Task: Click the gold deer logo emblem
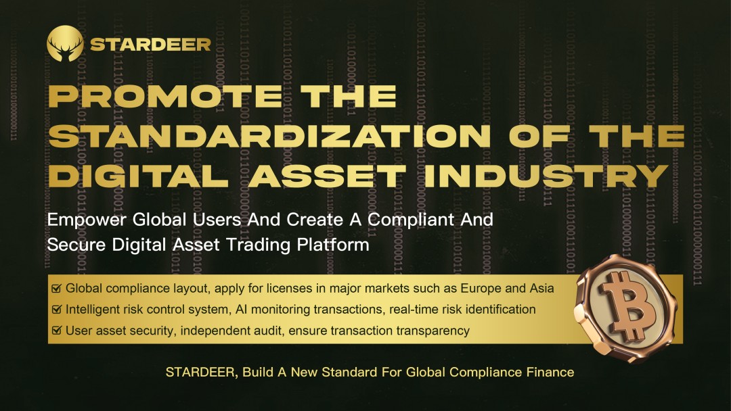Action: coord(65,44)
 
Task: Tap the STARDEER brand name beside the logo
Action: coord(150,45)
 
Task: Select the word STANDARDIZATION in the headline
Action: coord(269,136)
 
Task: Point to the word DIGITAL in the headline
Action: coord(138,176)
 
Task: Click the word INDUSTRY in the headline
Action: coord(546,176)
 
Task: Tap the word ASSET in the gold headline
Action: coord(326,176)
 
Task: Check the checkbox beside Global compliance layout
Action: coord(56,288)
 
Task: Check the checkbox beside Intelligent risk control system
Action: coord(56,309)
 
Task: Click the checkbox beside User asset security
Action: coord(56,331)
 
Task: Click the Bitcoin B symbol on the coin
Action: coord(627,304)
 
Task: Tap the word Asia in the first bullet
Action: coord(541,289)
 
